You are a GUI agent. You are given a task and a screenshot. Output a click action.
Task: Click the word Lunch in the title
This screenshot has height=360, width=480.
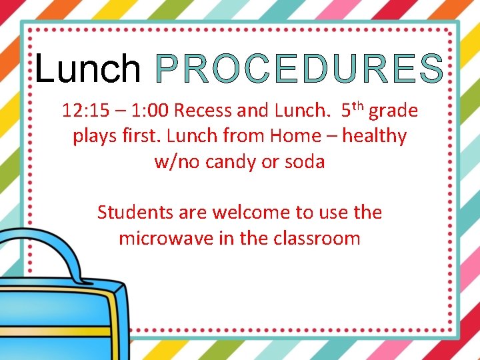87,69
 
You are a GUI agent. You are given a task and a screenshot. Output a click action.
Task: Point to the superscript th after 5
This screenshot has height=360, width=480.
357,105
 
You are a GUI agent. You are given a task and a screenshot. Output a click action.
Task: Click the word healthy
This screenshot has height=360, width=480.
374,137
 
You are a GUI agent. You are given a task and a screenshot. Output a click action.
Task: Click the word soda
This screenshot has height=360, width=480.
305,161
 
